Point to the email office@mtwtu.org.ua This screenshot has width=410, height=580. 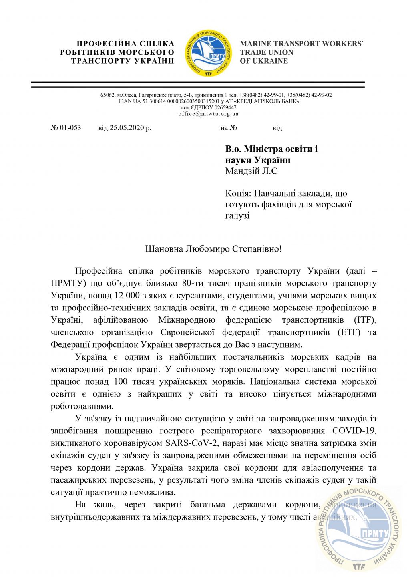[208, 113]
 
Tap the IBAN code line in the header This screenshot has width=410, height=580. [208, 101]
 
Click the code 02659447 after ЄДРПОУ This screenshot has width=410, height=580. [225, 107]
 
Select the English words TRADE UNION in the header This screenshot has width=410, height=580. [267, 52]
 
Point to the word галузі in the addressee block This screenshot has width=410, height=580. [237, 215]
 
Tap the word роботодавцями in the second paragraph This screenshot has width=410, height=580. [76, 406]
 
